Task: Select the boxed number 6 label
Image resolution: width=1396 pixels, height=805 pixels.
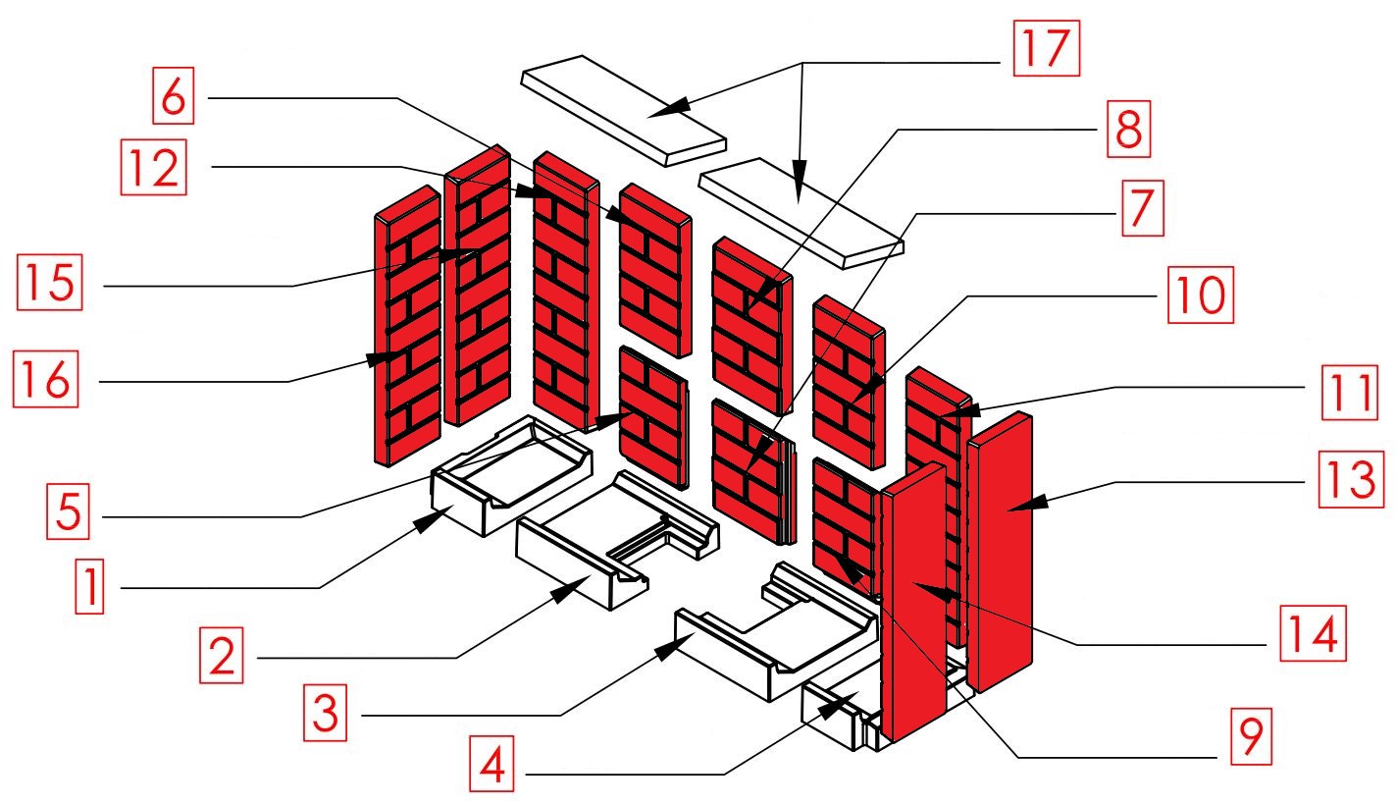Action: coord(173,96)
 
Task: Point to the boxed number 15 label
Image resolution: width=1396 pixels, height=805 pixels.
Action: coord(49,281)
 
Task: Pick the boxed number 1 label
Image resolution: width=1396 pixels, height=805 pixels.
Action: coord(89,590)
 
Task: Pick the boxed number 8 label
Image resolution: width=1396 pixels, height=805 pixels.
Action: coord(1128,131)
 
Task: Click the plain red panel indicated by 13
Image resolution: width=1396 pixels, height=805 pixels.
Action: coord(1001,550)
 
